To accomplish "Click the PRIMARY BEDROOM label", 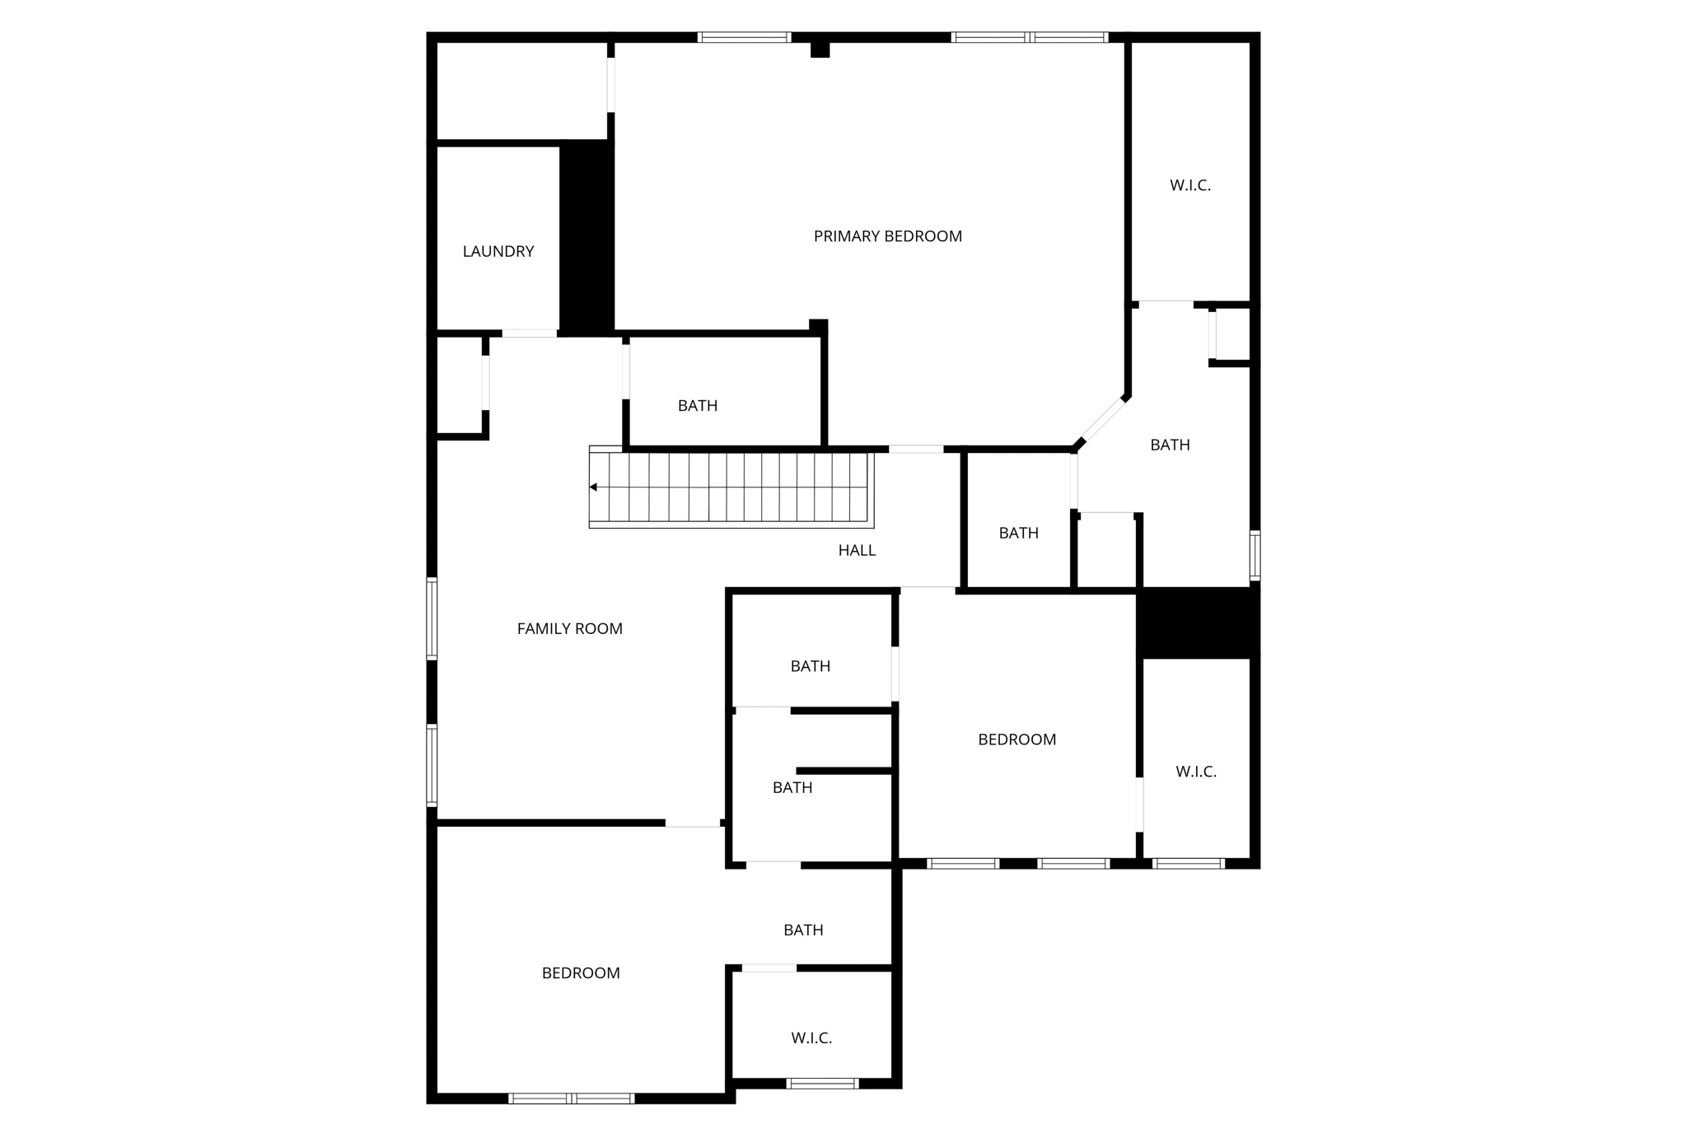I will coord(887,236).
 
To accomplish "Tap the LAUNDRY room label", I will coord(498,251).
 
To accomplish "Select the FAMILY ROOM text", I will coord(569,628).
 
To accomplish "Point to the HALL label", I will coord(857,550).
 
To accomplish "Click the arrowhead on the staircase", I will coord(593,487).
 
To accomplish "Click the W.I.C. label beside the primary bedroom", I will coord(1189,185).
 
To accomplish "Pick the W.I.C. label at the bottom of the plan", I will coord(811,1038).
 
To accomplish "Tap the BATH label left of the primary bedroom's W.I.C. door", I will coord(1170,445).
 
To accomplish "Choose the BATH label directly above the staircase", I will coord(697,405).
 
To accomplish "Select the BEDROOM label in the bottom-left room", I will coord(581,972).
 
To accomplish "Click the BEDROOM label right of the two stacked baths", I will coord(1016,739).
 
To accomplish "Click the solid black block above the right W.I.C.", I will coord(1198,623).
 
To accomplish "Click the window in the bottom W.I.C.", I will coord(822,1083).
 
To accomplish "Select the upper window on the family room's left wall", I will coord(432,618).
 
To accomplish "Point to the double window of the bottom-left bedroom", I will coord(571,1098).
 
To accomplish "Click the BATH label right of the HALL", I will coord(1018,533).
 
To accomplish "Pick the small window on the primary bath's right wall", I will coord(1255,555).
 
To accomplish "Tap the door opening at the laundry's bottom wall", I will coord(529,333).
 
